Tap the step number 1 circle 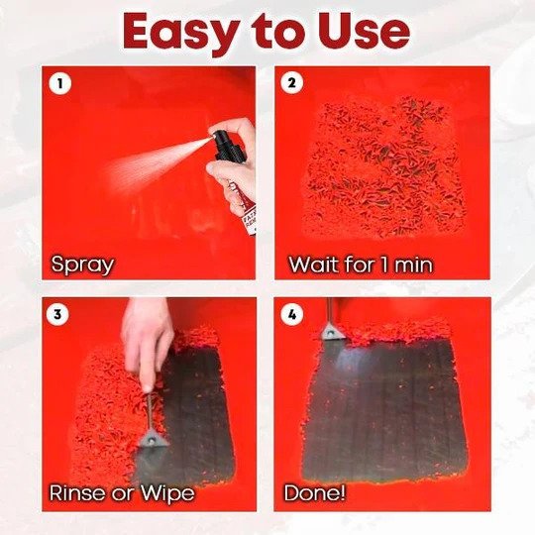pyautogui.click(x=60, y=83)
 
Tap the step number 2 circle pyautogui.click(x=291, y=83)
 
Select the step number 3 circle pyautogui.click(x=57, y=314)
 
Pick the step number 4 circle pyautogui.click(x=292, y=314)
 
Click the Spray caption pyautogui.click(x=82, y=266)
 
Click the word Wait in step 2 pyautogui.click(x=314, y=265)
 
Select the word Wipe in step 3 pyautogui.click(x=167, y=493)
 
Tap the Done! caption pyautogui.click(x=314, y=492)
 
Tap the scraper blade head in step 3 pyautogui.click(x=154, y=438)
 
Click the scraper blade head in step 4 pyautogui.click(x=332, y=332)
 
